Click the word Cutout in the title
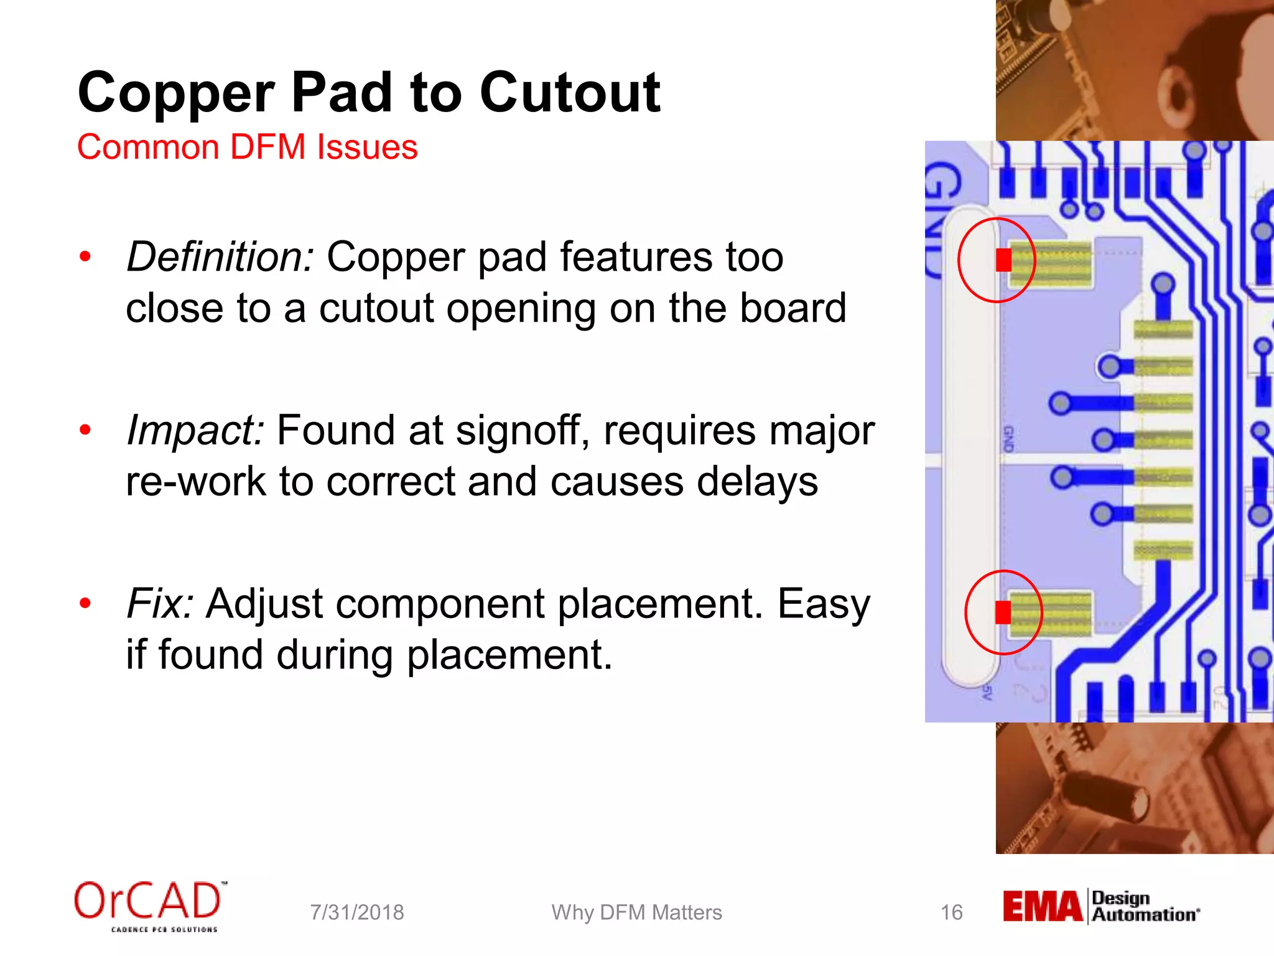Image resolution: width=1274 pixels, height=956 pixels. tap(569, 93)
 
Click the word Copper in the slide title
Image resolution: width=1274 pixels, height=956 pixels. tap(175, 93)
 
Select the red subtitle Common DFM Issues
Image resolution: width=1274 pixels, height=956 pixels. tap(247, 148)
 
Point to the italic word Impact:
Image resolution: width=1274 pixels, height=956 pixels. tap(195, 430)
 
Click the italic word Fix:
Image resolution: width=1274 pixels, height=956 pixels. tap(160, 604)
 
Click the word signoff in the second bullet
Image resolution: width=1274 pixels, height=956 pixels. tap(521, 430)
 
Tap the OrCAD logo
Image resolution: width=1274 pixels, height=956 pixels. tap(149, 906)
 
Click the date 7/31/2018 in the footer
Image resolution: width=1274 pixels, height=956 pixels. tap(357, 912)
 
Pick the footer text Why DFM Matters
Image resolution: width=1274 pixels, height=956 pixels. tap(636, 912)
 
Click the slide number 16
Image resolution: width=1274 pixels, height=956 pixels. tap(951, 912)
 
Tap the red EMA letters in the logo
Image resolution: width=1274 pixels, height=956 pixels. tap(1042, 907)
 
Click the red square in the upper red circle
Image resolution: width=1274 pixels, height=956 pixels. tap(1003, 260)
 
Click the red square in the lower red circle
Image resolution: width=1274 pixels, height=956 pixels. tap(1003, 612)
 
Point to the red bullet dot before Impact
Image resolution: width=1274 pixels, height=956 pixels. tap(85, 429)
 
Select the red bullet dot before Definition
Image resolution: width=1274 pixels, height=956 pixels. tap(85, 256)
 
